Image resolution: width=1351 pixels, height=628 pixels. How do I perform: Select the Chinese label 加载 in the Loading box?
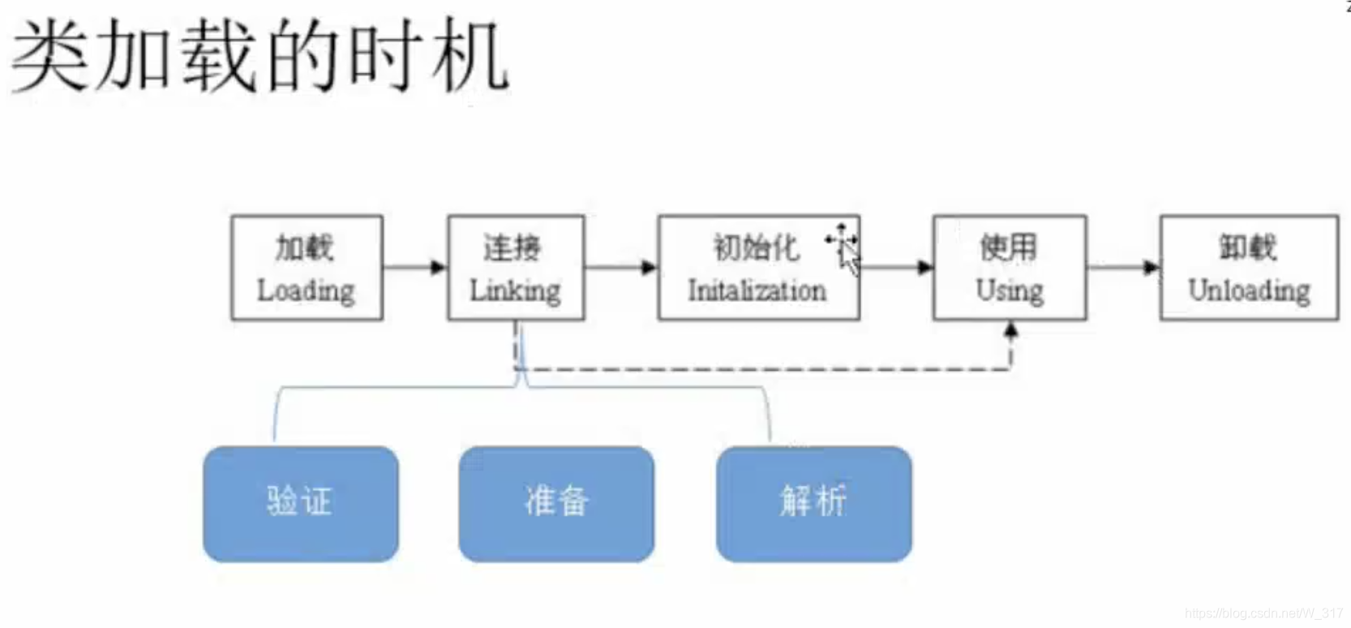[304, 247]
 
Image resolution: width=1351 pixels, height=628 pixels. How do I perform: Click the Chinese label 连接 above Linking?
[512, 247]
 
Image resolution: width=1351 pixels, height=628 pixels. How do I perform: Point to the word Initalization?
[757, 290]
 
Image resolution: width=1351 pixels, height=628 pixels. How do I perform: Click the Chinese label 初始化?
[755, 247]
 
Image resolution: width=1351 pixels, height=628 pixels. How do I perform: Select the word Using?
[1010, 290]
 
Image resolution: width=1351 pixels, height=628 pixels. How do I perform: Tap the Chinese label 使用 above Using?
[1008, 247]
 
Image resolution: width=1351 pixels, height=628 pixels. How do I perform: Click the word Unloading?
[1249, 290]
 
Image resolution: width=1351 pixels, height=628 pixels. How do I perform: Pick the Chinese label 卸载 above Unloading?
[1247, 247]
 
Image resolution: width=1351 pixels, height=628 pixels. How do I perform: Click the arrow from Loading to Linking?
[414, 267]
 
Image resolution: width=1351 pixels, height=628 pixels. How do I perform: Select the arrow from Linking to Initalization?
[620, 267]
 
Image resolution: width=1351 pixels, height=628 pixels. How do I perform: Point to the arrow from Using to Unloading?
[1123, 267]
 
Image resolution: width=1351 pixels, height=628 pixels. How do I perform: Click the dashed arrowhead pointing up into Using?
[1010, 331]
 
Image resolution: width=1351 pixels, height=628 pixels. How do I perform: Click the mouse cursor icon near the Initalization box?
[846, 252]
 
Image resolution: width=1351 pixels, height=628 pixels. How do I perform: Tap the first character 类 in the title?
[49, 57]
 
